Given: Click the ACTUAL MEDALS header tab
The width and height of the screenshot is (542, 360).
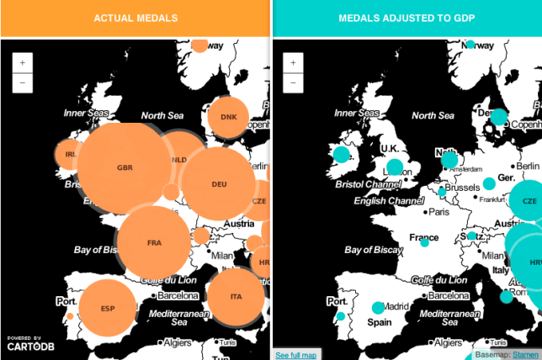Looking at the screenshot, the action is pyautogui.click(x=135, y=18).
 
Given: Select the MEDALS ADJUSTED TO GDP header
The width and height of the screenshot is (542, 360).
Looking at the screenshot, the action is pyautogui.click(x=406, y=18).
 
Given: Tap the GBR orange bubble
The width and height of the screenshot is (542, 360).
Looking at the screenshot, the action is pyautogui.click(x=125, y=167).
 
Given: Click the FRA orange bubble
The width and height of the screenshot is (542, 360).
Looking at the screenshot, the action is pyautogui.click(x=154, y=242).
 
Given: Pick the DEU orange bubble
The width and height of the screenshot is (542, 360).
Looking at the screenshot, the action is pyautogui.click(x=219, y=184).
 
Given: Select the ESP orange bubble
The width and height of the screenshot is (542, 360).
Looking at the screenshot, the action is pyautogui.click(x=107, y=308).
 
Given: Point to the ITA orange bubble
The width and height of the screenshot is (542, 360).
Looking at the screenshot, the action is pyautogui.click(x=236, y=297).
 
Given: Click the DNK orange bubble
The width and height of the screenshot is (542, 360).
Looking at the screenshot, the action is pyautogui.click(x=229, y=117).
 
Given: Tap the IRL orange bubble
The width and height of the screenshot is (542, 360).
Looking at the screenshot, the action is pyautogui.click(x=69, y=154).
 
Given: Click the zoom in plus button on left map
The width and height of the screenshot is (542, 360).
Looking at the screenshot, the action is pyautogui.click(x=22, y=63).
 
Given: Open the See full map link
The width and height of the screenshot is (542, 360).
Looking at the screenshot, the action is pyautogui.click(x=296, y=355).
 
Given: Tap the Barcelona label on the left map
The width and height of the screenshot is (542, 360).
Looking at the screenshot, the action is pyautogui.click(x=176, y=295).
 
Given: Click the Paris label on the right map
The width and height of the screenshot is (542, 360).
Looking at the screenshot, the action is pyautogui.click(x=438, y=212).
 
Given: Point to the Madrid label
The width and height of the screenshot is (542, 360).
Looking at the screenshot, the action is pyautogui.click(x=396, y=306).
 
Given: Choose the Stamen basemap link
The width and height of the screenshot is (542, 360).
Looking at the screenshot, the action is pyautogui.click(x=525, y=355).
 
